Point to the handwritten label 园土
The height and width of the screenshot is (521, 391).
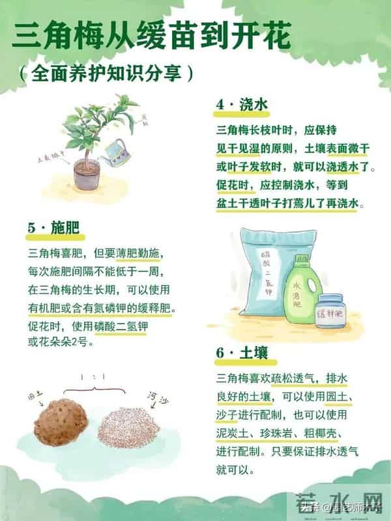pos(35,395)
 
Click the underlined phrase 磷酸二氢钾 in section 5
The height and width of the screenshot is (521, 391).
pos(121,324)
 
